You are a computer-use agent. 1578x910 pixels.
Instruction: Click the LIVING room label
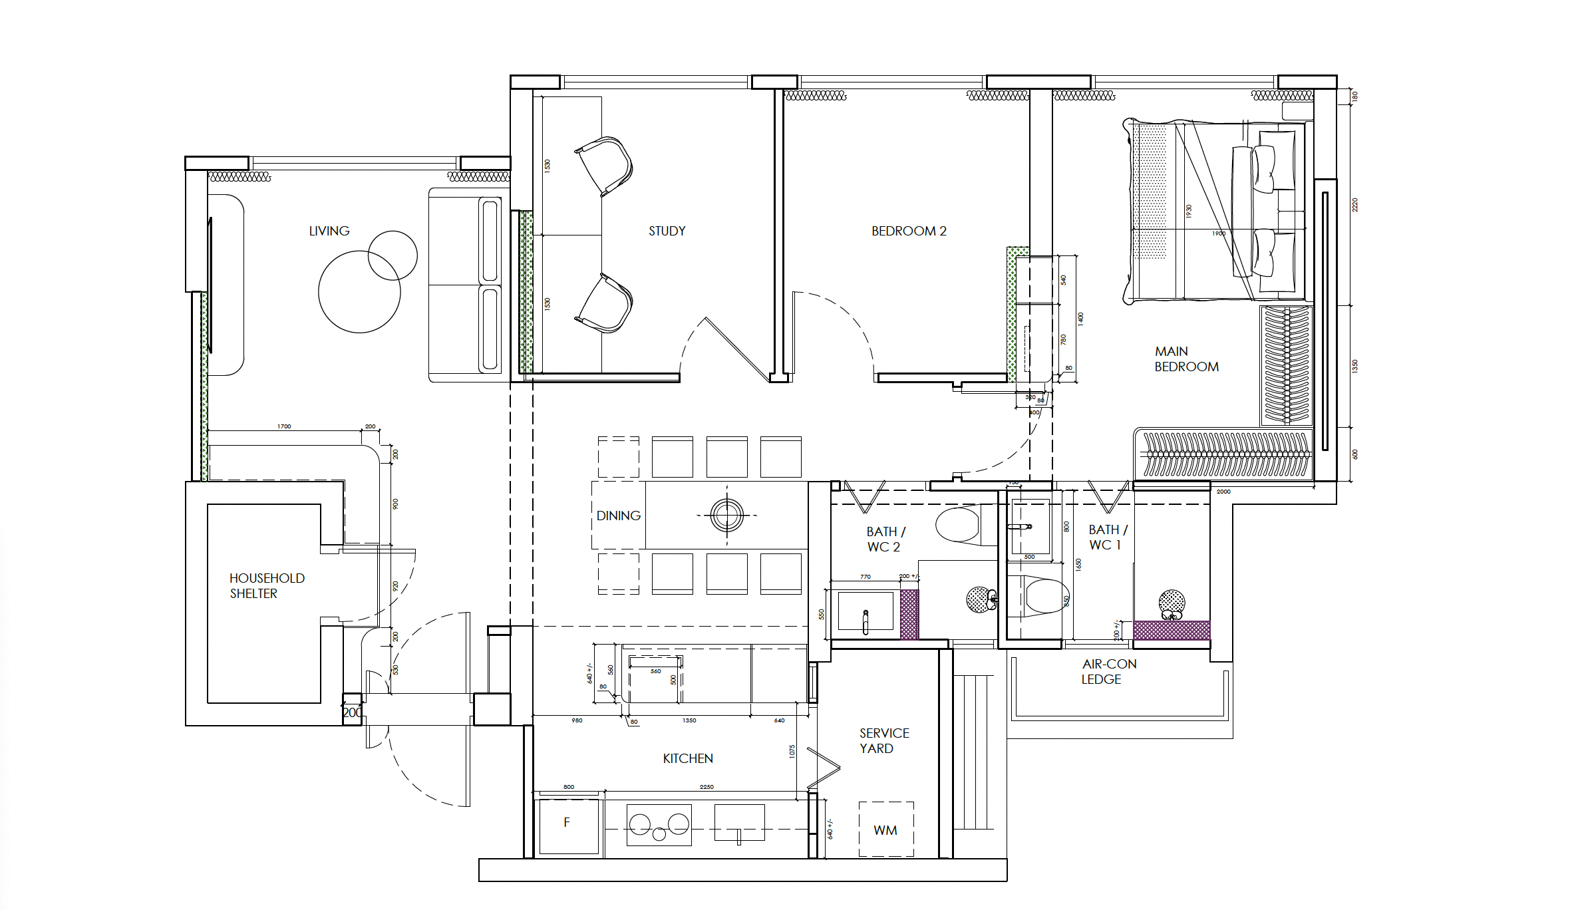pyautogui.click(x=329, y=231)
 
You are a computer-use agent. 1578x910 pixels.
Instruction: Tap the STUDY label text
pyautogui.click(x=667, y=231)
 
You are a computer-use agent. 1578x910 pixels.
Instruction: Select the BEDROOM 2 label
pyautogui.click(x=908, y=231)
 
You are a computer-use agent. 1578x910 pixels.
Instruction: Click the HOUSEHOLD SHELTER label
pyautogui.click(x=267, y=585)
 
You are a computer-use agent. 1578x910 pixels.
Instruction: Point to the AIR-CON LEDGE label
pyautogui.click(x=1109, y=671)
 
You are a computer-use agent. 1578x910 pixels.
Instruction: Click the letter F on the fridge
pyautogui.click(x=567, y=822)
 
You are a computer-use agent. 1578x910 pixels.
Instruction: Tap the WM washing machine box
pyautogui.click(x=885, y=830)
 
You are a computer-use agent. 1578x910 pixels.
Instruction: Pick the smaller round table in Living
pyautogui.click(x=393, y=255)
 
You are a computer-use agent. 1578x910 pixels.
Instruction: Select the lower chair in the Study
pyautogui.click(x=605, y=304)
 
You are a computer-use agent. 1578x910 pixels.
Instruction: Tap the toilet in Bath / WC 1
pyautogui.click(x=1045, y=595)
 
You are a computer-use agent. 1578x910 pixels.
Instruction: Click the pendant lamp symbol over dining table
pyautogui.click(x=726, y=515)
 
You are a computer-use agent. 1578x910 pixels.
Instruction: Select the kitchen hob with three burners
pyautogui.click(x=659, y=826)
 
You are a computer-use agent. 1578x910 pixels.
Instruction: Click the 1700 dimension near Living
pyautogui.click(x=284, y=426)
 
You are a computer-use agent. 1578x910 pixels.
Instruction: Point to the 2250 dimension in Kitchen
pyautogui.click(x=707, y=787)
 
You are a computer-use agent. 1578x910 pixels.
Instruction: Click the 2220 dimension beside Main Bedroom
pyautogui.click(x=1354, y=205)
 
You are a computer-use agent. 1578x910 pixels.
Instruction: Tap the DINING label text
pyautogui.click(x=618, y=516)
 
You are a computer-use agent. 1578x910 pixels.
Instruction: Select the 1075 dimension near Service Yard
pyautogui.click(x=792, y=751)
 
